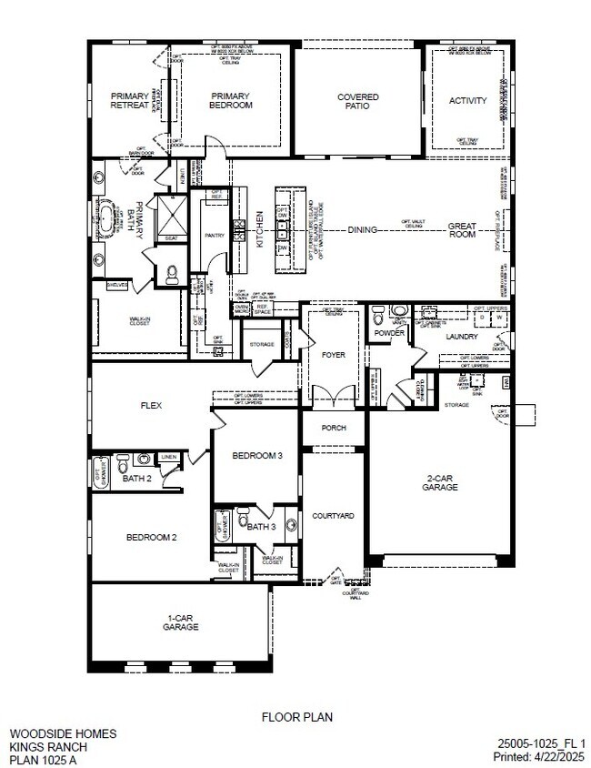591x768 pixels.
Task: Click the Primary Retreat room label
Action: tap(130, 100)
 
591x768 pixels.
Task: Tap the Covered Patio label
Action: tap(357, 101)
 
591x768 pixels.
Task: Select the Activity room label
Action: tap(467, 101)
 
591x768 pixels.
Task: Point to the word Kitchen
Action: tap(259, 230)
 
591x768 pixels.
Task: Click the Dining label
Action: tap(362, 230)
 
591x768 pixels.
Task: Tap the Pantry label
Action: tap(215, 235)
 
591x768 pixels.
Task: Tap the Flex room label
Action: tap(151, 406)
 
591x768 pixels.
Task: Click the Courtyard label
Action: tap(333, 516)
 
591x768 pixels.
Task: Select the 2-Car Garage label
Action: tap(439, 482)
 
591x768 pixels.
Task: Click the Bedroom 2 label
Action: tap(151, 537)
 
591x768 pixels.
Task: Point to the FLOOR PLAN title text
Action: tap(297, 717)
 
